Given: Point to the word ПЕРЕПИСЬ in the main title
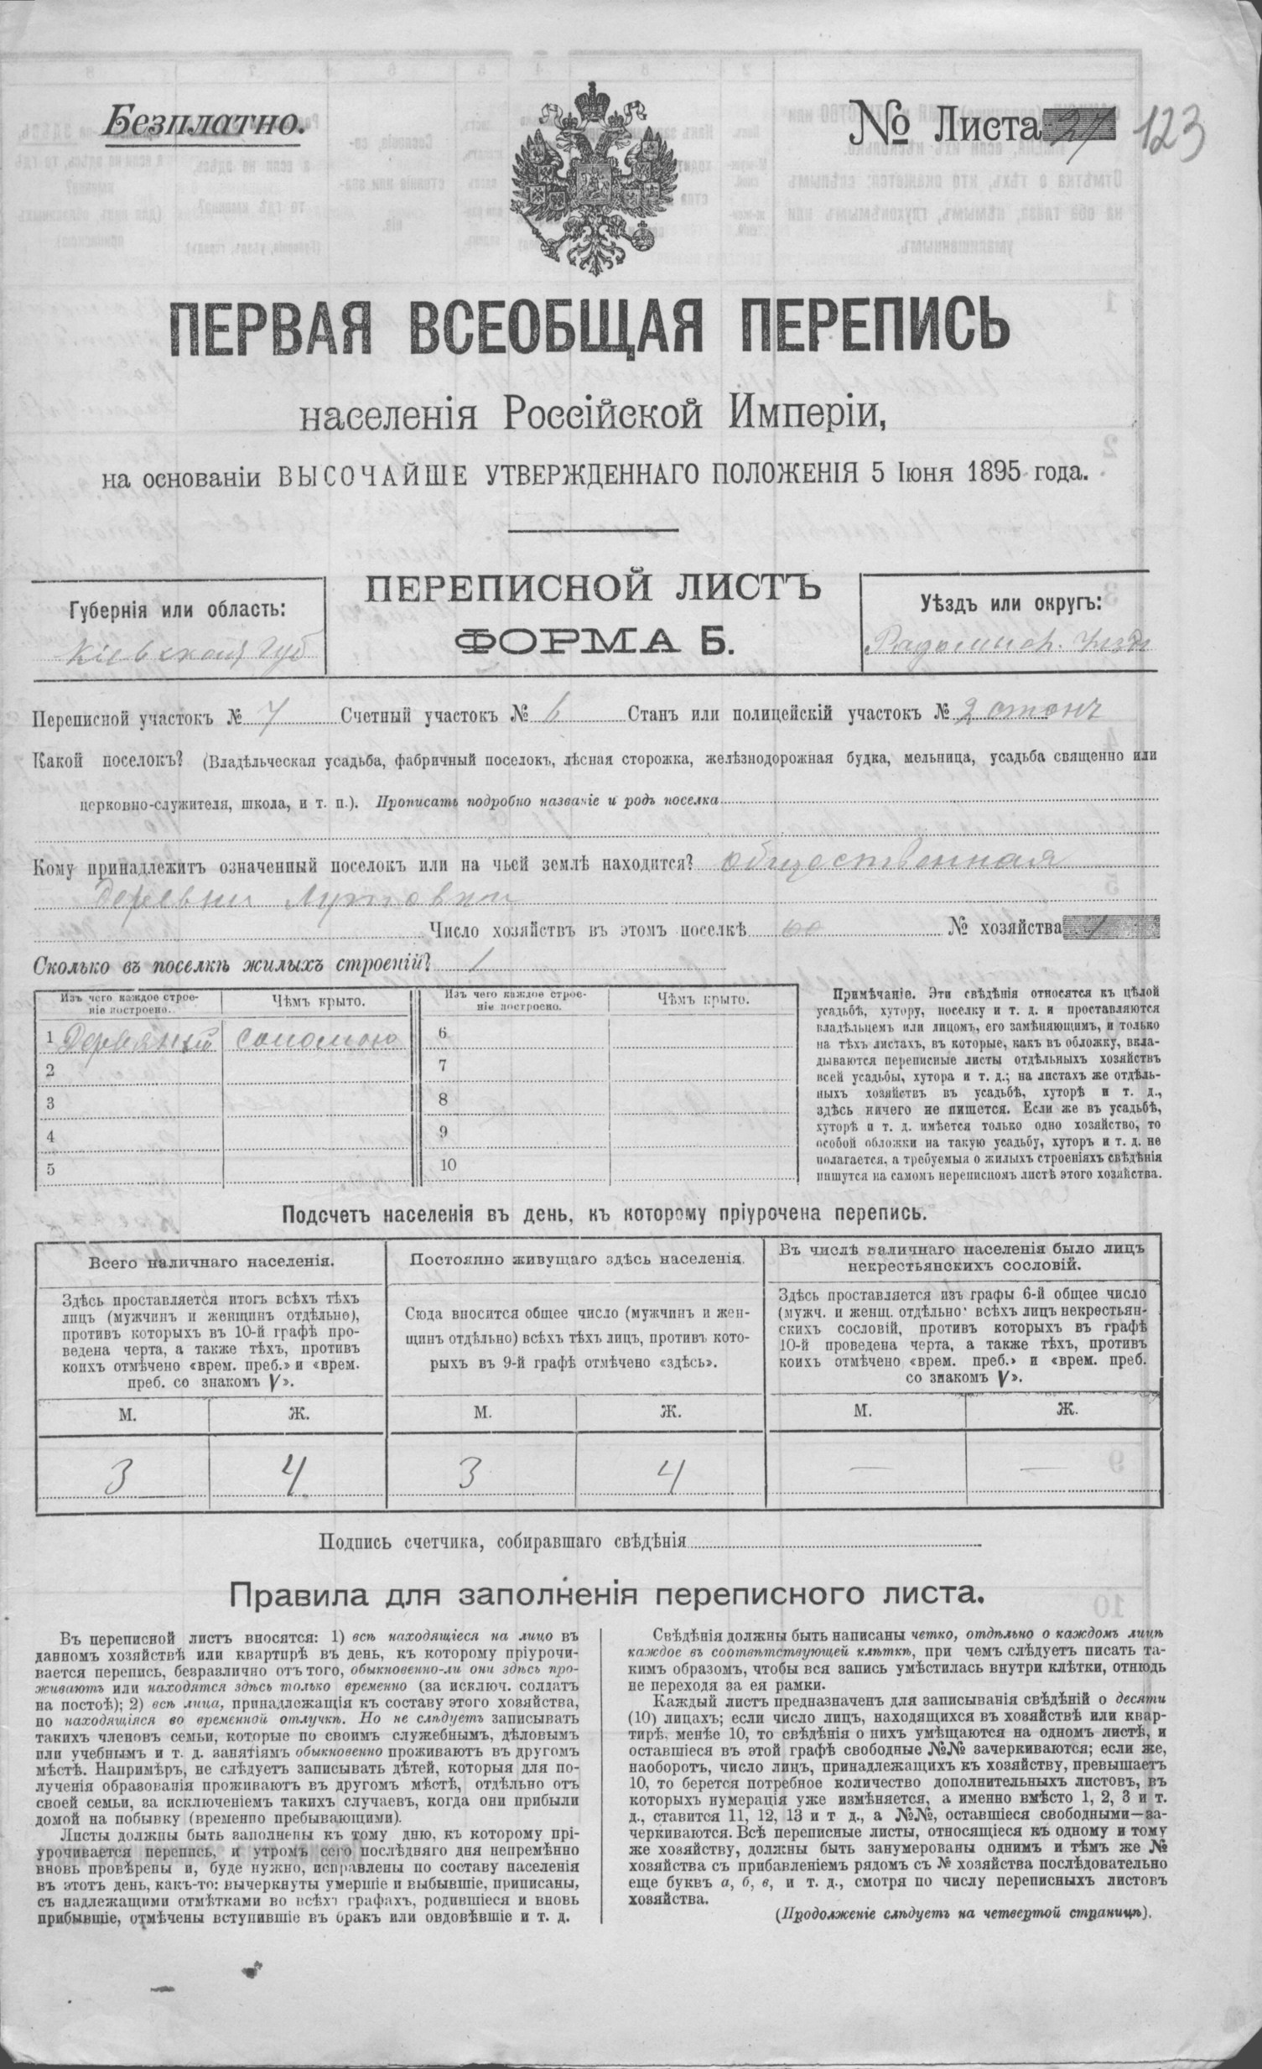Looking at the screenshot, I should [x=869, y=331].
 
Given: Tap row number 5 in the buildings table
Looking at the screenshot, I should [x=50, y=1169].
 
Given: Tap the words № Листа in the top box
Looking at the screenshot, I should [x=945, y=127].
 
